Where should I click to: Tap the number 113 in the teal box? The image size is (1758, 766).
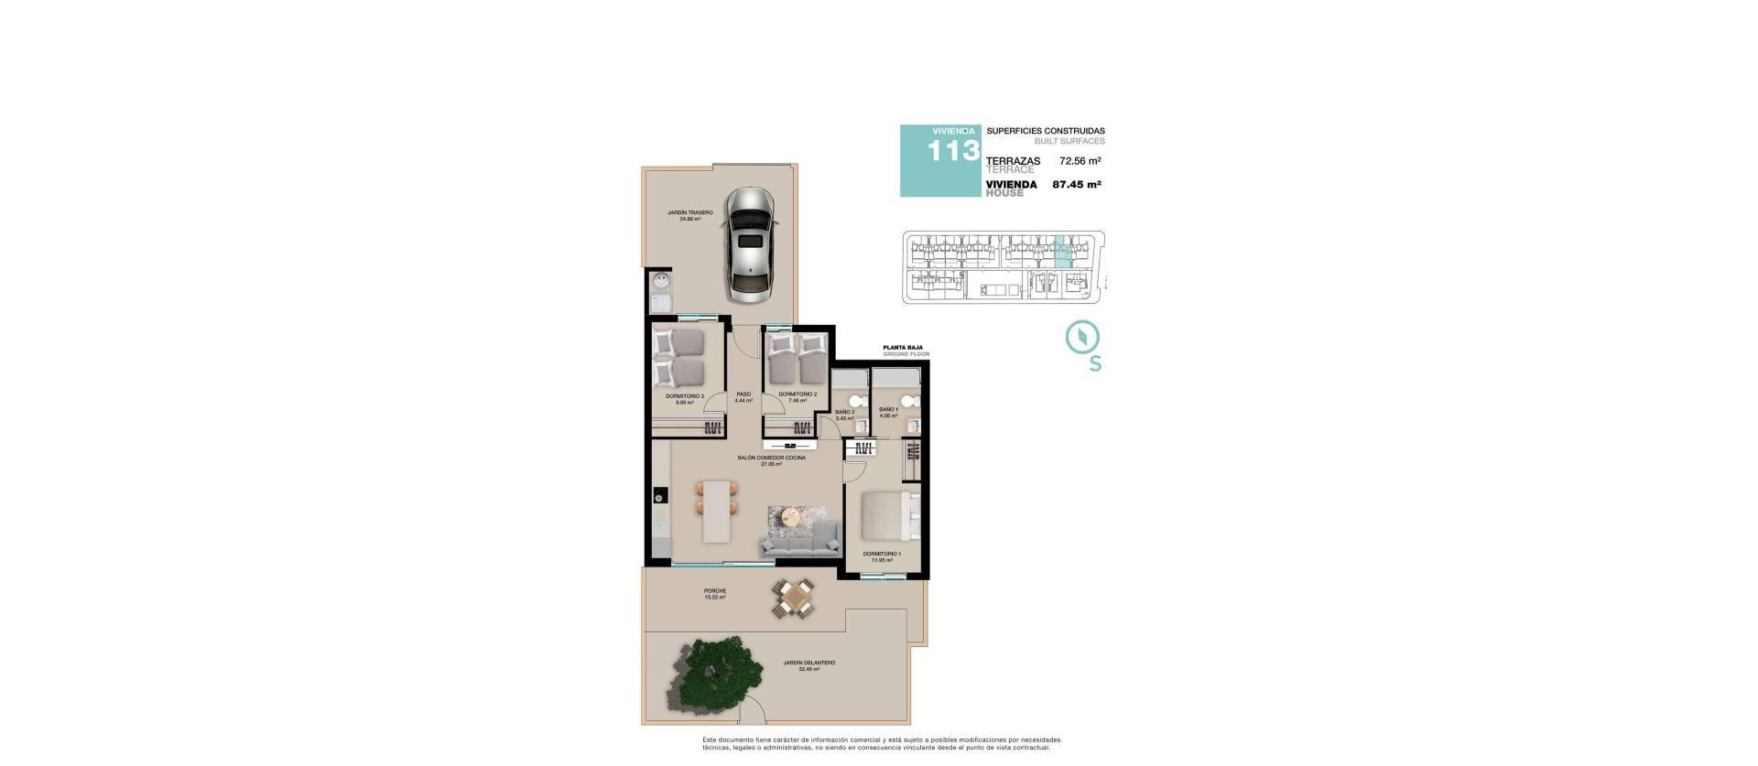point(953,151)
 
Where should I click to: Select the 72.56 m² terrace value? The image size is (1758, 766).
point(1080,161)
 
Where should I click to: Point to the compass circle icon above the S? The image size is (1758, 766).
point(1082,336)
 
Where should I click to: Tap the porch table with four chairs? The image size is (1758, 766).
point(793,599)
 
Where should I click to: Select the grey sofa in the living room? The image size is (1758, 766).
point(800,540)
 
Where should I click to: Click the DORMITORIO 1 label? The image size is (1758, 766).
point(882,554)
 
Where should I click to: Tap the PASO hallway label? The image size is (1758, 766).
point(743,394)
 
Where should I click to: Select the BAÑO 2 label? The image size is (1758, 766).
point(844,412)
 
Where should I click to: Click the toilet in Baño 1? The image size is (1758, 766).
point(907,400)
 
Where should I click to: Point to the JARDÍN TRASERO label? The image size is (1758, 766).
point(689,212)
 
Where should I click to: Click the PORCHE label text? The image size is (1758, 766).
point(715,591)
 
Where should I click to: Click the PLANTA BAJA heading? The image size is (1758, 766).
point(902,348)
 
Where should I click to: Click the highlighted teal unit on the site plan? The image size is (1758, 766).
point(1061,252)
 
